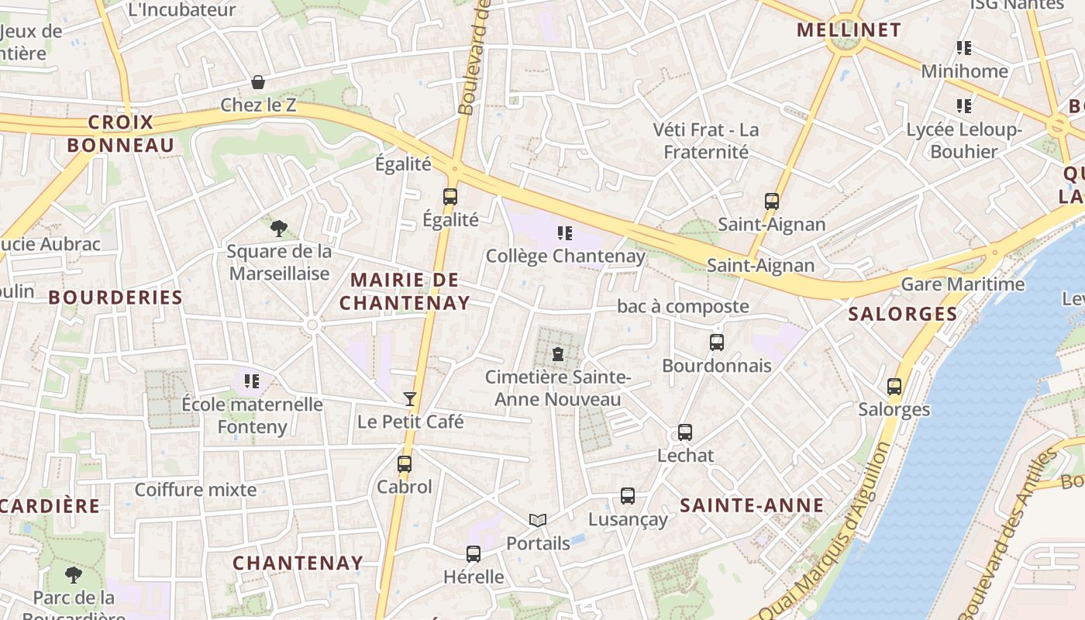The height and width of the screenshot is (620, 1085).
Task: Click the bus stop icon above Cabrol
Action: (x=405, y=464)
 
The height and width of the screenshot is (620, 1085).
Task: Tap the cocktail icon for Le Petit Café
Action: (x=410, y=399)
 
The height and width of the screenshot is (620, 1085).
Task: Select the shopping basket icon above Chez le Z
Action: (x=258, y=82)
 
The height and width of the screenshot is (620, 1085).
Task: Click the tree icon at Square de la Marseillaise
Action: (x=279, y=228)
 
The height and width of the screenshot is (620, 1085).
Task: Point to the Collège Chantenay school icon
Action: (x=565, y=232)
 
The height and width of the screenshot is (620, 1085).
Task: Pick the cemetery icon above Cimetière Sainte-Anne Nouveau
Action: (x=557, y=355)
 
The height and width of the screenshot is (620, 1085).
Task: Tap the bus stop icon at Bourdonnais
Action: (x=717, y=342)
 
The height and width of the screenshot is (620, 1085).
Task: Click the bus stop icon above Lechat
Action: (x=685, y=432)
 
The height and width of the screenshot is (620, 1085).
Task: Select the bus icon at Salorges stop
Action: (x=894, y=386)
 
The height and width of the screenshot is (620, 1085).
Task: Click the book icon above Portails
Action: (x=538, y=520)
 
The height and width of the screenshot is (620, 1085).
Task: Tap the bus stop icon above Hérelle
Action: (x=474, y=554)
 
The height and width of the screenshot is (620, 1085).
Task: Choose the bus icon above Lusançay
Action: (x=628, y=496)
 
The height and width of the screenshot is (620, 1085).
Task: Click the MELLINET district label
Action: (x=849, y=30)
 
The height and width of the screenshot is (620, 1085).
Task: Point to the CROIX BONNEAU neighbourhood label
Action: (x=121, y=133)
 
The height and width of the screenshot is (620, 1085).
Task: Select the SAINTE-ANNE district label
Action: (x=752, y=505)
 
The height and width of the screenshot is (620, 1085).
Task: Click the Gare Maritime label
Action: (x=963, y=284)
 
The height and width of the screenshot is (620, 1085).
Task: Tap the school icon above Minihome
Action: (x=964, y=48)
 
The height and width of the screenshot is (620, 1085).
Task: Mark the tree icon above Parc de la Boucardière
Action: (x=74, y=574)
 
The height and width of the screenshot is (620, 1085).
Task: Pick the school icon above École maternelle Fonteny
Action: (x=251, y=381)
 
